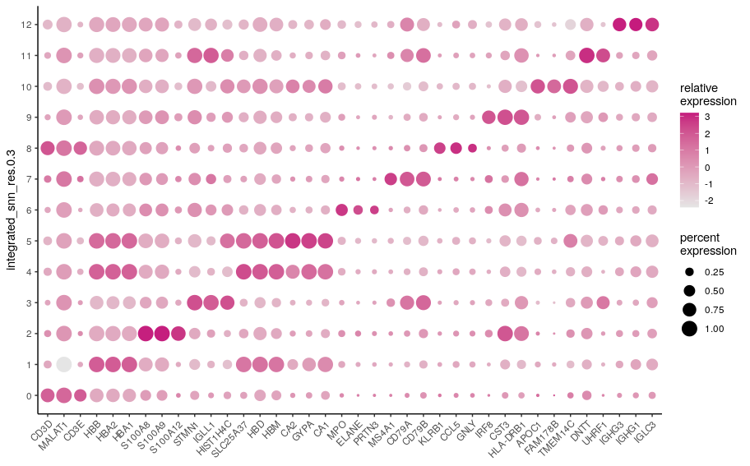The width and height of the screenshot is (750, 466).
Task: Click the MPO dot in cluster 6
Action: tap(341, 210)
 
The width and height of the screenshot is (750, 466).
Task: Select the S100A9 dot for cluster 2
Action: tap(162, 333)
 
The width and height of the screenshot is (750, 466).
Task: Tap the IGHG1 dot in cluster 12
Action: tap(636, 25)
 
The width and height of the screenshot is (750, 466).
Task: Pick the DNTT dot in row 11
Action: tap(586, 55)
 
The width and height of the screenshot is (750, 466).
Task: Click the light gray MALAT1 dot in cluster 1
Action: tap(63, 364)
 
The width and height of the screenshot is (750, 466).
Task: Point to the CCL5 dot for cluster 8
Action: tap(456, 148)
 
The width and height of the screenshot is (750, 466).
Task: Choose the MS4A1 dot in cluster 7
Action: tap(391, 178)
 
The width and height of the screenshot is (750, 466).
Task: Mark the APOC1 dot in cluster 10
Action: tap(538, 86)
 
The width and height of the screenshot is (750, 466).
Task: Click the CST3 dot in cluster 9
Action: tap(505, 117)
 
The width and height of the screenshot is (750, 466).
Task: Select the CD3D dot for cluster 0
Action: tap(48, 394)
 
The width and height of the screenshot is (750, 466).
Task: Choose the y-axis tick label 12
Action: tap(25, 25)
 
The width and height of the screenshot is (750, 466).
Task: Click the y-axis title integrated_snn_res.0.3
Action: tap(12, 210)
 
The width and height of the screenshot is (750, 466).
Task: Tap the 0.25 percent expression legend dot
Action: tap(689, 271)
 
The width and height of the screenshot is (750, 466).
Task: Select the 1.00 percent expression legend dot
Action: tap(689, 329)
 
